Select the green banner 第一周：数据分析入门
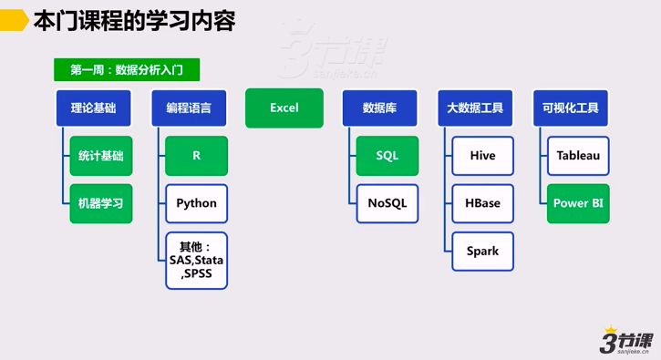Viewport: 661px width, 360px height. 128,70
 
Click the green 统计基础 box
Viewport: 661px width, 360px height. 100,156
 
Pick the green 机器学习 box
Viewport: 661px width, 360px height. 100,203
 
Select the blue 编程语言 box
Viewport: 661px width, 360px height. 189,108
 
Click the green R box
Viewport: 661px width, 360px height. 196,156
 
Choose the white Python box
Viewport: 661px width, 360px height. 196,203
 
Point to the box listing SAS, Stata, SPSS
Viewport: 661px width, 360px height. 196,260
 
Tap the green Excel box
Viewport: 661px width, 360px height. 284,108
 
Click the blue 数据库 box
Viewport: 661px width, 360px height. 378,108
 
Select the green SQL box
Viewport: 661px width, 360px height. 387,156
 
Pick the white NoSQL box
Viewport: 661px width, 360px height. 387,203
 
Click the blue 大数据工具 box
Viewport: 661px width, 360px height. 475,108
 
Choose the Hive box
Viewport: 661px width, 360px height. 482,156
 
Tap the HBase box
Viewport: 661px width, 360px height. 482,203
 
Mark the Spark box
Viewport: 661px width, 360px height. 482,251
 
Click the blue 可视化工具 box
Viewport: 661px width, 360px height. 570,108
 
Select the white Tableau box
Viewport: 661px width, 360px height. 578,156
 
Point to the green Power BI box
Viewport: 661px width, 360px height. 578,203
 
